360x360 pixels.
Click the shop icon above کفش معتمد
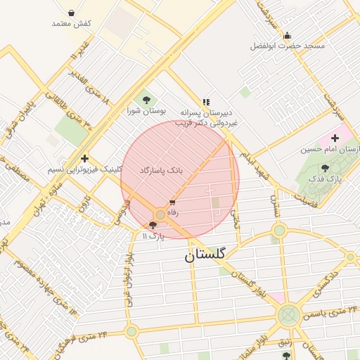pos(71,12)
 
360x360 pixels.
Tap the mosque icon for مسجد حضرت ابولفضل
pos(287,35)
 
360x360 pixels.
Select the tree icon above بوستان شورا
pos(146,100)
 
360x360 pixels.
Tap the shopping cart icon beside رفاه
pos(173,202)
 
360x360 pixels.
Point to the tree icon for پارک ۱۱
pos(153,226)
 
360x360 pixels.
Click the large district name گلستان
pos(205,255)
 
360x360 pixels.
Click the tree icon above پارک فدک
pos(324,168)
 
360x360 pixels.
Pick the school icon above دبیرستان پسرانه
pos(206,101)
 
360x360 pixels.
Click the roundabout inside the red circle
pos(161,214)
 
